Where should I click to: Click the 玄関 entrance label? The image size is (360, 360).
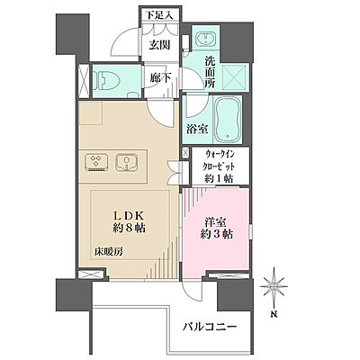[x=159, y=45]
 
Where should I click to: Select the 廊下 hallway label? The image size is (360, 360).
[x=159, y=78]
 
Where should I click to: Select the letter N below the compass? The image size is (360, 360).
[x=274, y=314]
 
